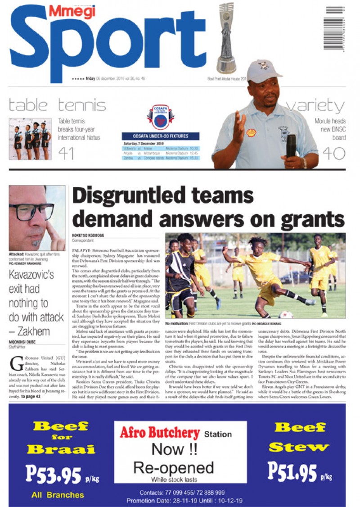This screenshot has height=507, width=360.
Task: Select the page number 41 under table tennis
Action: (x=66, y=154)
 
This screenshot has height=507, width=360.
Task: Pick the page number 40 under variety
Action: (x=333, y=153)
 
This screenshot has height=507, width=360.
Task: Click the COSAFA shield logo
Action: (x=160, y=117)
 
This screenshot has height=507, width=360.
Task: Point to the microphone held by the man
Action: (x=291, y=146)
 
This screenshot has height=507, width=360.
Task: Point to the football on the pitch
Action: (x=285, y=315)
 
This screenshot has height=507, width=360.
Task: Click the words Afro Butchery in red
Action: (x=160, y=433)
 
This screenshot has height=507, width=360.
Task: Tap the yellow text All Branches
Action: (x=58, y=495)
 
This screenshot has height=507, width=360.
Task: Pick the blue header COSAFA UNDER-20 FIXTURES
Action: (x=161, y=136)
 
